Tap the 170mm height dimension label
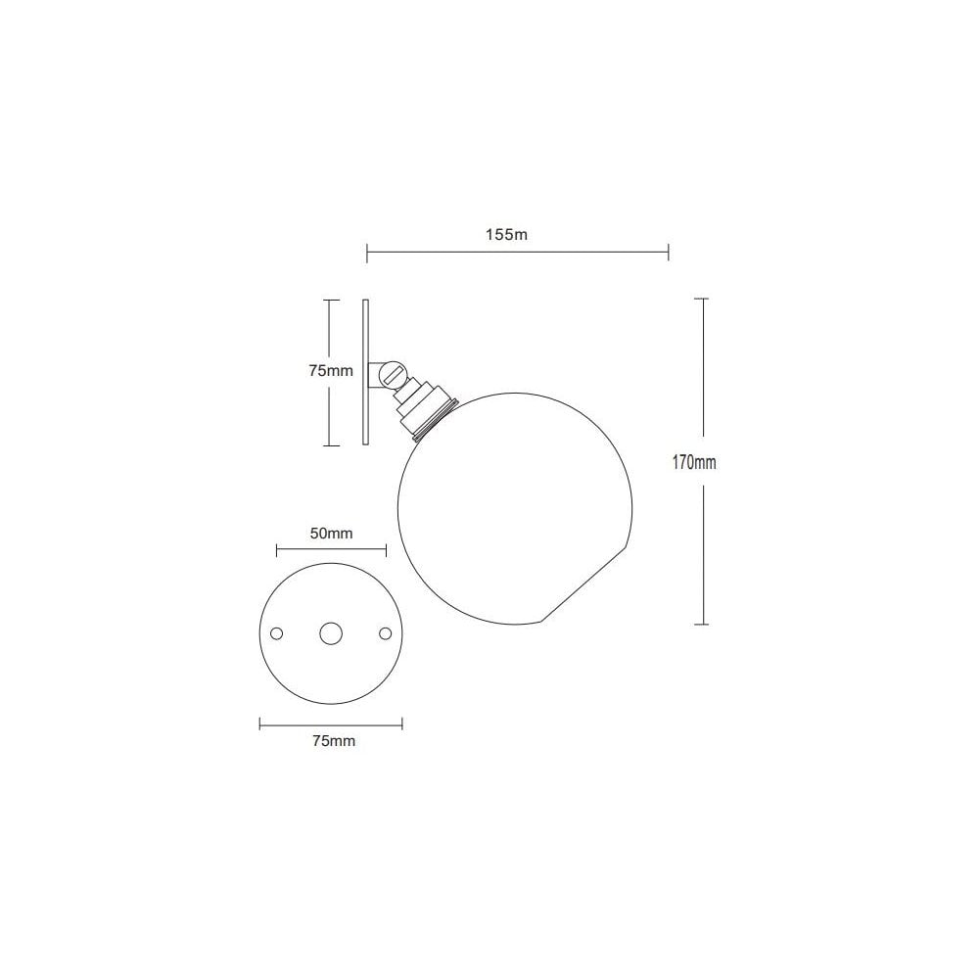coord(694,463)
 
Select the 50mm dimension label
coord(332,533)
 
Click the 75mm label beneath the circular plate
coord(333,741)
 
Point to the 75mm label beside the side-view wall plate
coord(330,371)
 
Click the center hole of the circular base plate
coord(331,634)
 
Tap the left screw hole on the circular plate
coord(277,634)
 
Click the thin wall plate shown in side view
coord(365,372)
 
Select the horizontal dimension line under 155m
coord(517,254)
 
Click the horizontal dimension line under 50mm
coord(332,549)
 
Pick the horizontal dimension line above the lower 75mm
coord(331,723)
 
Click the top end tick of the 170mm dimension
coord(701,300)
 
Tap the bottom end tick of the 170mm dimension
coord(701,624)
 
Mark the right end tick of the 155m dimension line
coord(668,254)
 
